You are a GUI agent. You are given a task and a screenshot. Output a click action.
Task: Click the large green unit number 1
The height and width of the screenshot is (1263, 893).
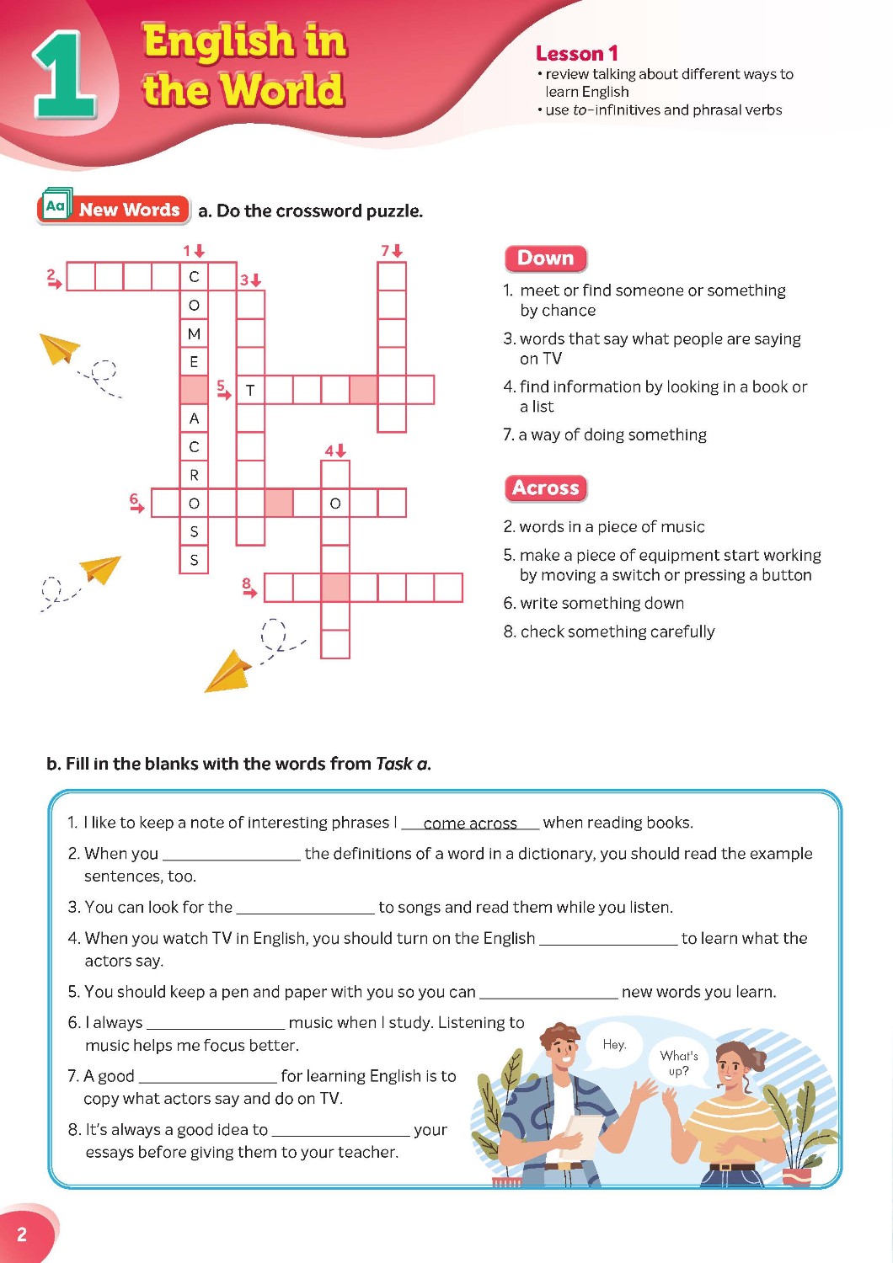pos(64,75)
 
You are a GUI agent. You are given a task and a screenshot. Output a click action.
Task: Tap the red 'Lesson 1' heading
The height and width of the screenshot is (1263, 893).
pos(577,54)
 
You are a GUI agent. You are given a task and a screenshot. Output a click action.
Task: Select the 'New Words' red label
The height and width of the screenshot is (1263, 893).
pos(129,210)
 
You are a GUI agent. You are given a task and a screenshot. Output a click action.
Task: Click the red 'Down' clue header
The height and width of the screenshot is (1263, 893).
pos(545,258)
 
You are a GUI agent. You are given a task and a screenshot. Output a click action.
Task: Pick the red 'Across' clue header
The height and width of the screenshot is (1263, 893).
pos(545,488)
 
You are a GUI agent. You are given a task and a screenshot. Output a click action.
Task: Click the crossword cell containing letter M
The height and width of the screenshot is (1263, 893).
pos(195,333)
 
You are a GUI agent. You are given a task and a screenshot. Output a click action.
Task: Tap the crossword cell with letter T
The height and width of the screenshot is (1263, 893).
pos(250,390)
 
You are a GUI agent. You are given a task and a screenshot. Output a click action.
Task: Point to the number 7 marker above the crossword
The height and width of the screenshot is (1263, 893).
pos(387,250)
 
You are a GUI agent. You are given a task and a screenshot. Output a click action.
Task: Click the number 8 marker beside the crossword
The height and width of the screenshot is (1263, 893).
pos(247,584)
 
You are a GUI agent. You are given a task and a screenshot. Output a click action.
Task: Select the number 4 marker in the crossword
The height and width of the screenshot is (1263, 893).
pos(331,450)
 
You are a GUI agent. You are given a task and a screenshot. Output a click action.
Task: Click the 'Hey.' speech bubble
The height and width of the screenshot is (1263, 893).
pos(614,1044)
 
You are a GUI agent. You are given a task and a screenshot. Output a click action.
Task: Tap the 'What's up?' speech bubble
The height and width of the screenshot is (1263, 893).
pos(679,1063)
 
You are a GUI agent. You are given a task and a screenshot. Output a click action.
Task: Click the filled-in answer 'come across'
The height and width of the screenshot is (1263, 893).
pos(470,823)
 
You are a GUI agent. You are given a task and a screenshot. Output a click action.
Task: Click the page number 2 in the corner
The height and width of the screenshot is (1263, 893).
pos(22,1234)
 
